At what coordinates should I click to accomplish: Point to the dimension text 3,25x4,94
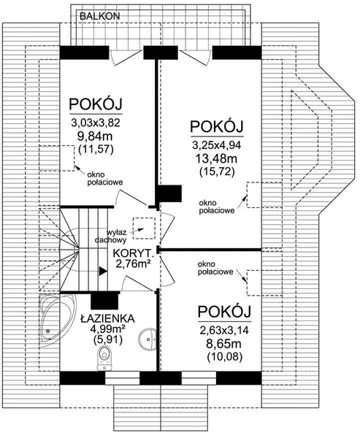tap(217, 145)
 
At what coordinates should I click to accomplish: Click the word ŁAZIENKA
tap(106, 318)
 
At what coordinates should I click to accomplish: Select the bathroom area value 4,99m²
tap(106, 329)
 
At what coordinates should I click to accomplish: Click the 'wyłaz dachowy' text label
tap(112, 234)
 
